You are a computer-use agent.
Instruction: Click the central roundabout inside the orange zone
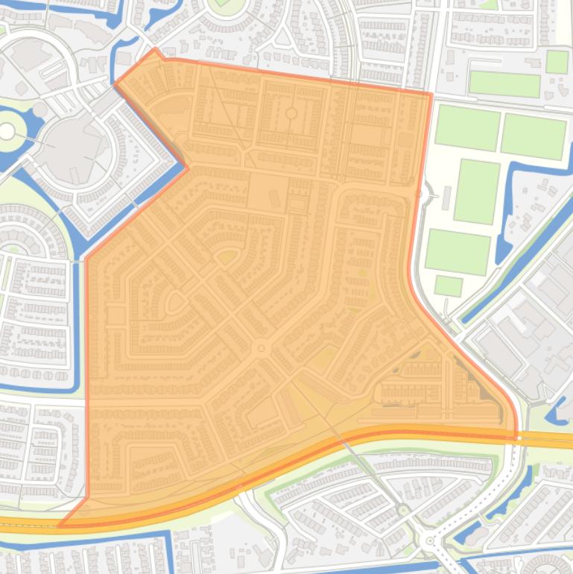[261, 348]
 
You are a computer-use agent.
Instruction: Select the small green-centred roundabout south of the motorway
[403, 511]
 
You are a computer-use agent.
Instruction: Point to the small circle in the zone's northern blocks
[291, 113]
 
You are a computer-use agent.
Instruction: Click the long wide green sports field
[504, 84]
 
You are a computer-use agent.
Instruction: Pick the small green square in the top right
[557, 62]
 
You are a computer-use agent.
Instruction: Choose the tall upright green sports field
[476, 192]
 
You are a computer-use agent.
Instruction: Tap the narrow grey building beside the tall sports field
[446, 198]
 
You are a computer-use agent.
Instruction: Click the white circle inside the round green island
[7, 131]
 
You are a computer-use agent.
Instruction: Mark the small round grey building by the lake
[39, 110]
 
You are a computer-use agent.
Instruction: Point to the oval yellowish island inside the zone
[225, 258]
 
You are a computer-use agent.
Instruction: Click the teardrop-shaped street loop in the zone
[176, 302]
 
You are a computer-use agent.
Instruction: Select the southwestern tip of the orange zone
[59, 526]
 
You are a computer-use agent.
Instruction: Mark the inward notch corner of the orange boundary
[187, 168]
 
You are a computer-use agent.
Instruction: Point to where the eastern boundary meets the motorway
[516, 436]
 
